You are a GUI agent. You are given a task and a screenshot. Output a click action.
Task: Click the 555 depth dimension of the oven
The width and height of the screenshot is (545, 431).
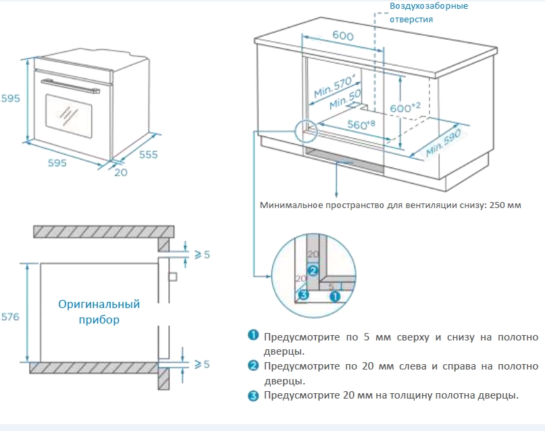point(148,155)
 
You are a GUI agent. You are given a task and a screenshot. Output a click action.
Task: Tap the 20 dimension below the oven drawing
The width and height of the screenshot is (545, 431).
point(121,172)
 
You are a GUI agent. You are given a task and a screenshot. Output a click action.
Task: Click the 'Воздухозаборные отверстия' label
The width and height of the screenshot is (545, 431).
point(427,13)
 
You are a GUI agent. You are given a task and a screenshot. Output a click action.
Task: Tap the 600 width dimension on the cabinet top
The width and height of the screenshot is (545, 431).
point(343,36)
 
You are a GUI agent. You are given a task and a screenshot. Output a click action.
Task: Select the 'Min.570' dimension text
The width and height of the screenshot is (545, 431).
point(334,86)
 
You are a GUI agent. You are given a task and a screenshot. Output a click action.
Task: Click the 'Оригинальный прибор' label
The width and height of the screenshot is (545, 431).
point(99,312)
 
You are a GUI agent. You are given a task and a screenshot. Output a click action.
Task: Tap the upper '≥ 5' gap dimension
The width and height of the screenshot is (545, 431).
point(202,255)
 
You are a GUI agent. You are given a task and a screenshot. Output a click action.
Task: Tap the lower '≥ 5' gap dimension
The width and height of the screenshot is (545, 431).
point(202,365)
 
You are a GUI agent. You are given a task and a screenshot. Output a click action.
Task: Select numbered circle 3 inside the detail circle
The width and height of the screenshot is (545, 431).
point(304,295)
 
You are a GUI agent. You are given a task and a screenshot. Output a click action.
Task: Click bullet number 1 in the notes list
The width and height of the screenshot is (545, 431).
point(253,336)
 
